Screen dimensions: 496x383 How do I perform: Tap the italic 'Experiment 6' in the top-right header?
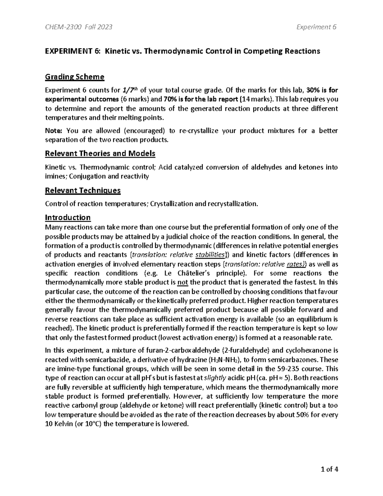[x=316, y=27]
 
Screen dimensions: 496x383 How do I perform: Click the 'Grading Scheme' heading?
[x=75, y=77]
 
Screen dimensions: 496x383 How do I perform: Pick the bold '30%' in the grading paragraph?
[x=312, y=90]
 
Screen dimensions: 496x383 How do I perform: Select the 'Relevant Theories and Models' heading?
[x=100, y=154]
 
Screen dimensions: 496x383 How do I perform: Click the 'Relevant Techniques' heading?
[x=83, y=191]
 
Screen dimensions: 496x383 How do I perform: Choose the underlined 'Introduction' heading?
[x=68, y=217]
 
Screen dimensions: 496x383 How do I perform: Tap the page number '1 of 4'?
[x=329, y=469]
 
